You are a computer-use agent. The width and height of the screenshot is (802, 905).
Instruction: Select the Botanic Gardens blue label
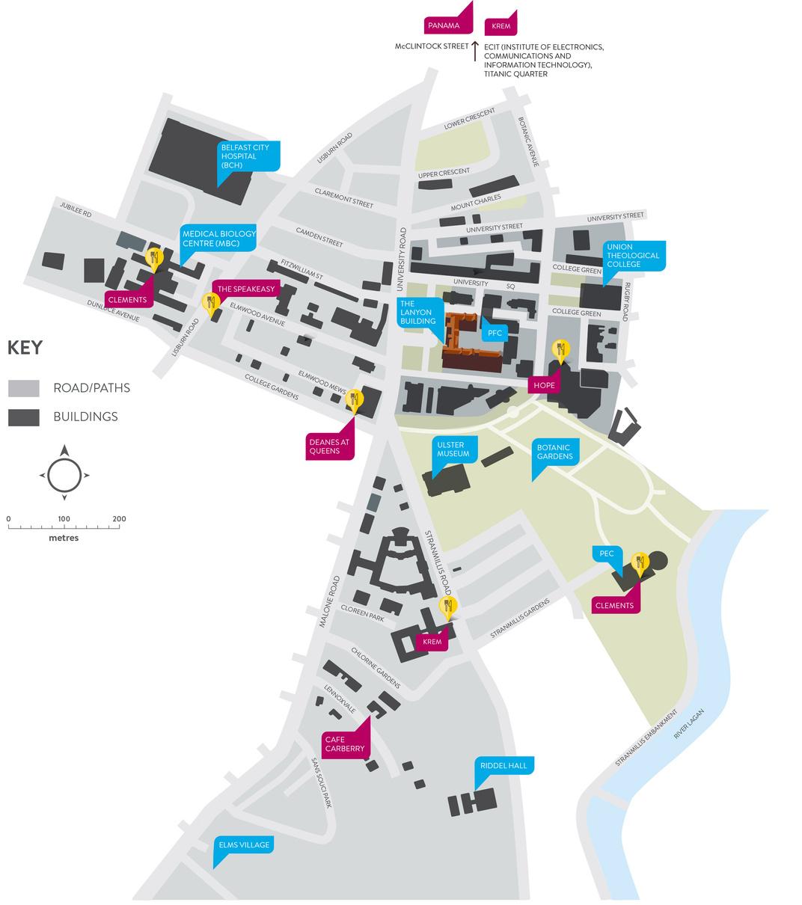(x=555, y=452)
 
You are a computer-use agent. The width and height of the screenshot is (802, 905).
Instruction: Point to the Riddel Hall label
(x=504, y=766)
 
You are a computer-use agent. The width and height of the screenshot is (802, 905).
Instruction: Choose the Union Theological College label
(x=633, y=256)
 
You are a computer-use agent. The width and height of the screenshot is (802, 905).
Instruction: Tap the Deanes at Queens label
(x=329, y=446)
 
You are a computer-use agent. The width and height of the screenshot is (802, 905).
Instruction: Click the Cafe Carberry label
(x=345, y=743)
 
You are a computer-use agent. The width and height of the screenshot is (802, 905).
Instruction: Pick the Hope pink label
(x=544, y=385)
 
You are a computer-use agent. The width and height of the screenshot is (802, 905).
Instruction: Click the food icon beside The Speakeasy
(x=211, y=302)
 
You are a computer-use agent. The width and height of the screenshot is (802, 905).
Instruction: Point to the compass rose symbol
(x=64, y=474)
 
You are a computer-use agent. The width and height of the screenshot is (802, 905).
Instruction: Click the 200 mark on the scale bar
(x=119, y=518)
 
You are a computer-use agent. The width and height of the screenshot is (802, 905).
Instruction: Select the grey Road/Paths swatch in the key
(x=24, y=388)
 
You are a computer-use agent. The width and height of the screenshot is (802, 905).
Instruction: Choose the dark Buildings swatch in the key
(x=24, y=417)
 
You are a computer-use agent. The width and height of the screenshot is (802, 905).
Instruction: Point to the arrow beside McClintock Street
(x=474, y=51)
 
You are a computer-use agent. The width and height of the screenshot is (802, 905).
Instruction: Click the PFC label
(x=494, y=333)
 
